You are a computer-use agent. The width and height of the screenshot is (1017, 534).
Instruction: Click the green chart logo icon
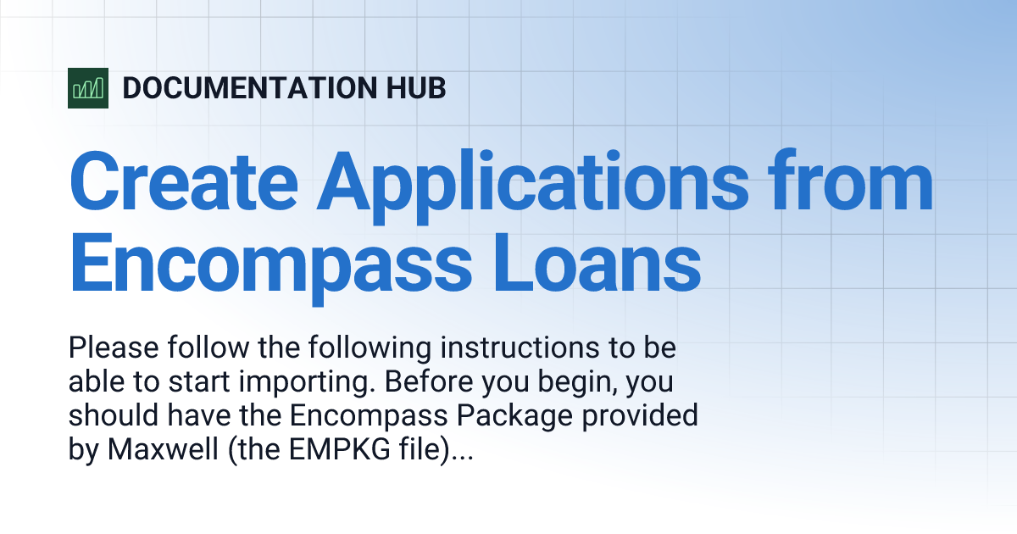click(88, 87)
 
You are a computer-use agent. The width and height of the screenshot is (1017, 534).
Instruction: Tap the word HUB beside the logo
click(415, 88)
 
